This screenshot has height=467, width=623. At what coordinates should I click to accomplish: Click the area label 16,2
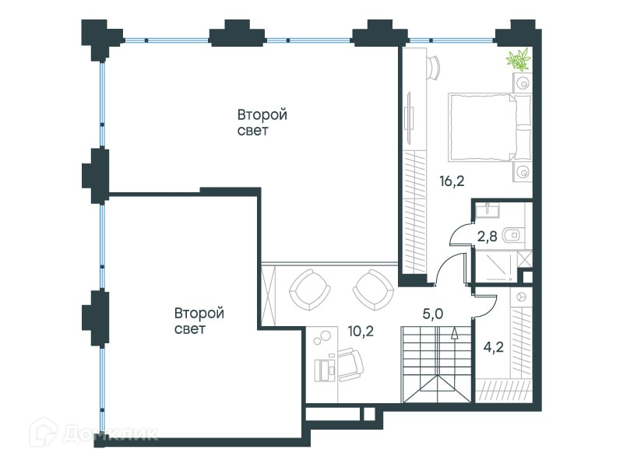pyautogui.click(x=452, y=181)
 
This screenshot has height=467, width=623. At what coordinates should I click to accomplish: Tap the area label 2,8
pyautogui.click(x=487, y=237)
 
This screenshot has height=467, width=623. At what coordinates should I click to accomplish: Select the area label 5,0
pyautogui.click(x=433, y=314)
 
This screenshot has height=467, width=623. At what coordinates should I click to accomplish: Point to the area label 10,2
pyautogui.click(x=361, y=331)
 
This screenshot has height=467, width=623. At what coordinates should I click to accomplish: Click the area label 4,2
pyautogui.click(x=494, y=347)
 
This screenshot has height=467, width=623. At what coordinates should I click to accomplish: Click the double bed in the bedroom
pyautogui.click(x=490, y=128)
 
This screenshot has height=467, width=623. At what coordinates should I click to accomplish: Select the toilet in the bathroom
pyautogui.click(x=513, y=236)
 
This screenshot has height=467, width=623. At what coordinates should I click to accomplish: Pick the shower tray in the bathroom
pyautogui.click(x=496, y=266)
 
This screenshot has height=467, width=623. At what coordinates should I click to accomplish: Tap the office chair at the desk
pyautogui.click(x=350, y=364)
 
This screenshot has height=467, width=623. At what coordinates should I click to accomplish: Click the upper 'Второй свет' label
pyautogui.click(x=262, y=122)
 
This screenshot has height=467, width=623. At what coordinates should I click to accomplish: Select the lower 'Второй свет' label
pyautogui.click(x=199, y=321)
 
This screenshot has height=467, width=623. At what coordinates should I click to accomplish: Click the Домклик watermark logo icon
pyautogui.click(x=44, y=432)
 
